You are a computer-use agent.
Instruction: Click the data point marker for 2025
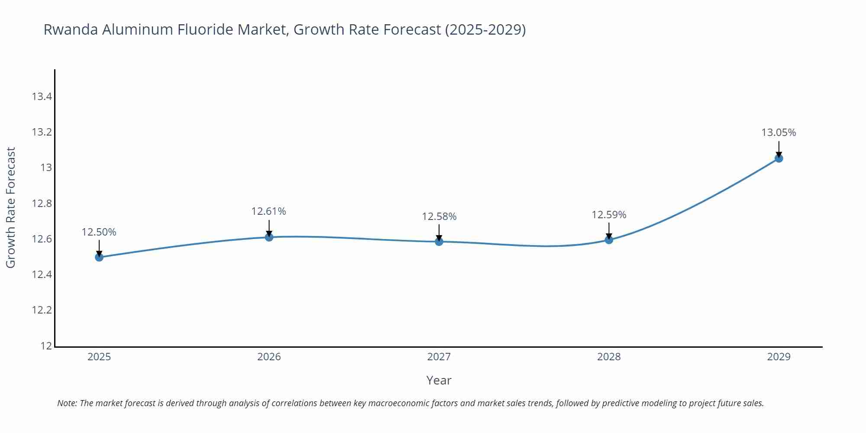99,257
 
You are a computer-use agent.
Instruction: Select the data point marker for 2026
269,237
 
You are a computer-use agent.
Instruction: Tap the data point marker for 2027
439,242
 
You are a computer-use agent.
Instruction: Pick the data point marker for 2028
609,239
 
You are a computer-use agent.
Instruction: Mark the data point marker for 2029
779,158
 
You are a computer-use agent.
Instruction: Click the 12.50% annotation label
99,232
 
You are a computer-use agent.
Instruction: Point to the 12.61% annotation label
269,211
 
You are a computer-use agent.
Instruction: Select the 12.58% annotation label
439,216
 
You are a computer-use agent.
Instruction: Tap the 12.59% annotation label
609,215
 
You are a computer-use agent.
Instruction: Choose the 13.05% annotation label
779,132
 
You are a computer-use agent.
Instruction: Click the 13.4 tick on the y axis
42,97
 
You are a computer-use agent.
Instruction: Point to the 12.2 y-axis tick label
42,310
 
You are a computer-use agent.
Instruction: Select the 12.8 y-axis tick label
42,204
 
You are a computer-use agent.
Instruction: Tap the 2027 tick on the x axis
439,357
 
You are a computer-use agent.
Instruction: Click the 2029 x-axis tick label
779,357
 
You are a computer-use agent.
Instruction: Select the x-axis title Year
439,380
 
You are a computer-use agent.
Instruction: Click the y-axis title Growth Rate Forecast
11,207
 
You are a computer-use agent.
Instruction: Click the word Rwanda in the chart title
71,29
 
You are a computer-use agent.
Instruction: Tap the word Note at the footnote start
67,403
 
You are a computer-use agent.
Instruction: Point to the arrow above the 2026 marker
269,227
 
